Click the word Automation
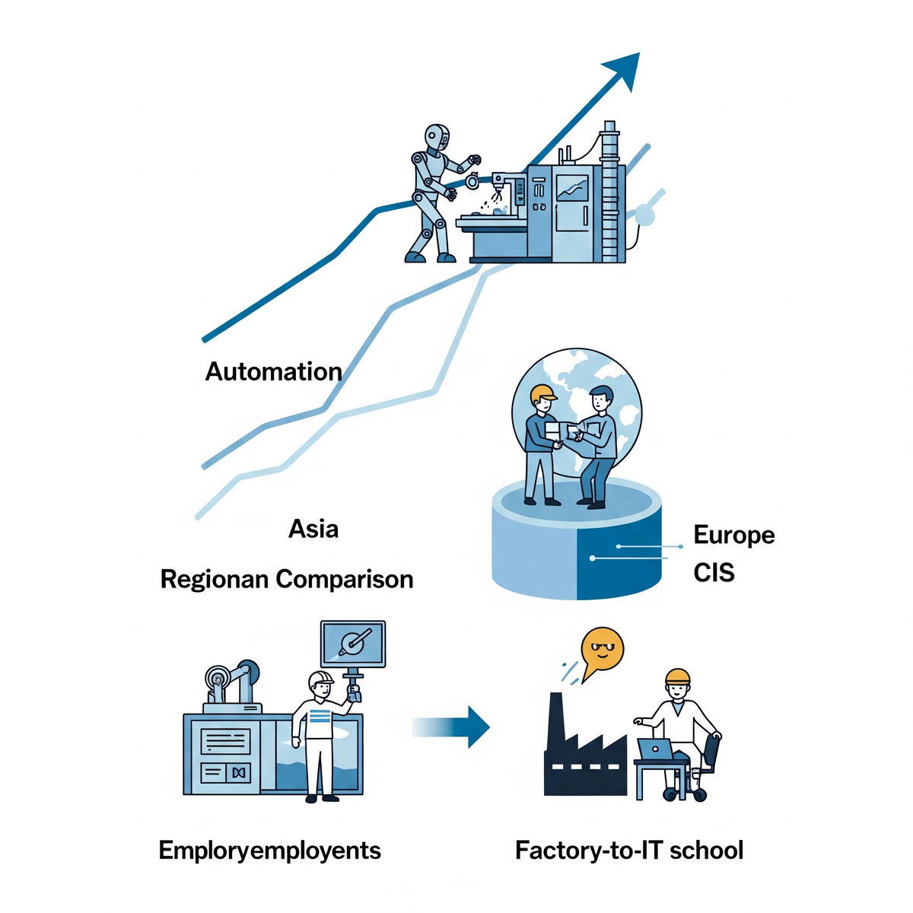273,371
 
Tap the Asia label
313,529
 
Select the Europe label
733,535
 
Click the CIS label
714,572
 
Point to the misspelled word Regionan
215,580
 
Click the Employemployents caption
269,850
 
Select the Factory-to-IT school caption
628,850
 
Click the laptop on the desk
656,749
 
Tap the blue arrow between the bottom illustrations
453,727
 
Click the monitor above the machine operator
353,644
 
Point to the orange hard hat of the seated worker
677,677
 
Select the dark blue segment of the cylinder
618,563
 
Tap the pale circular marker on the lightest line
644,216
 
